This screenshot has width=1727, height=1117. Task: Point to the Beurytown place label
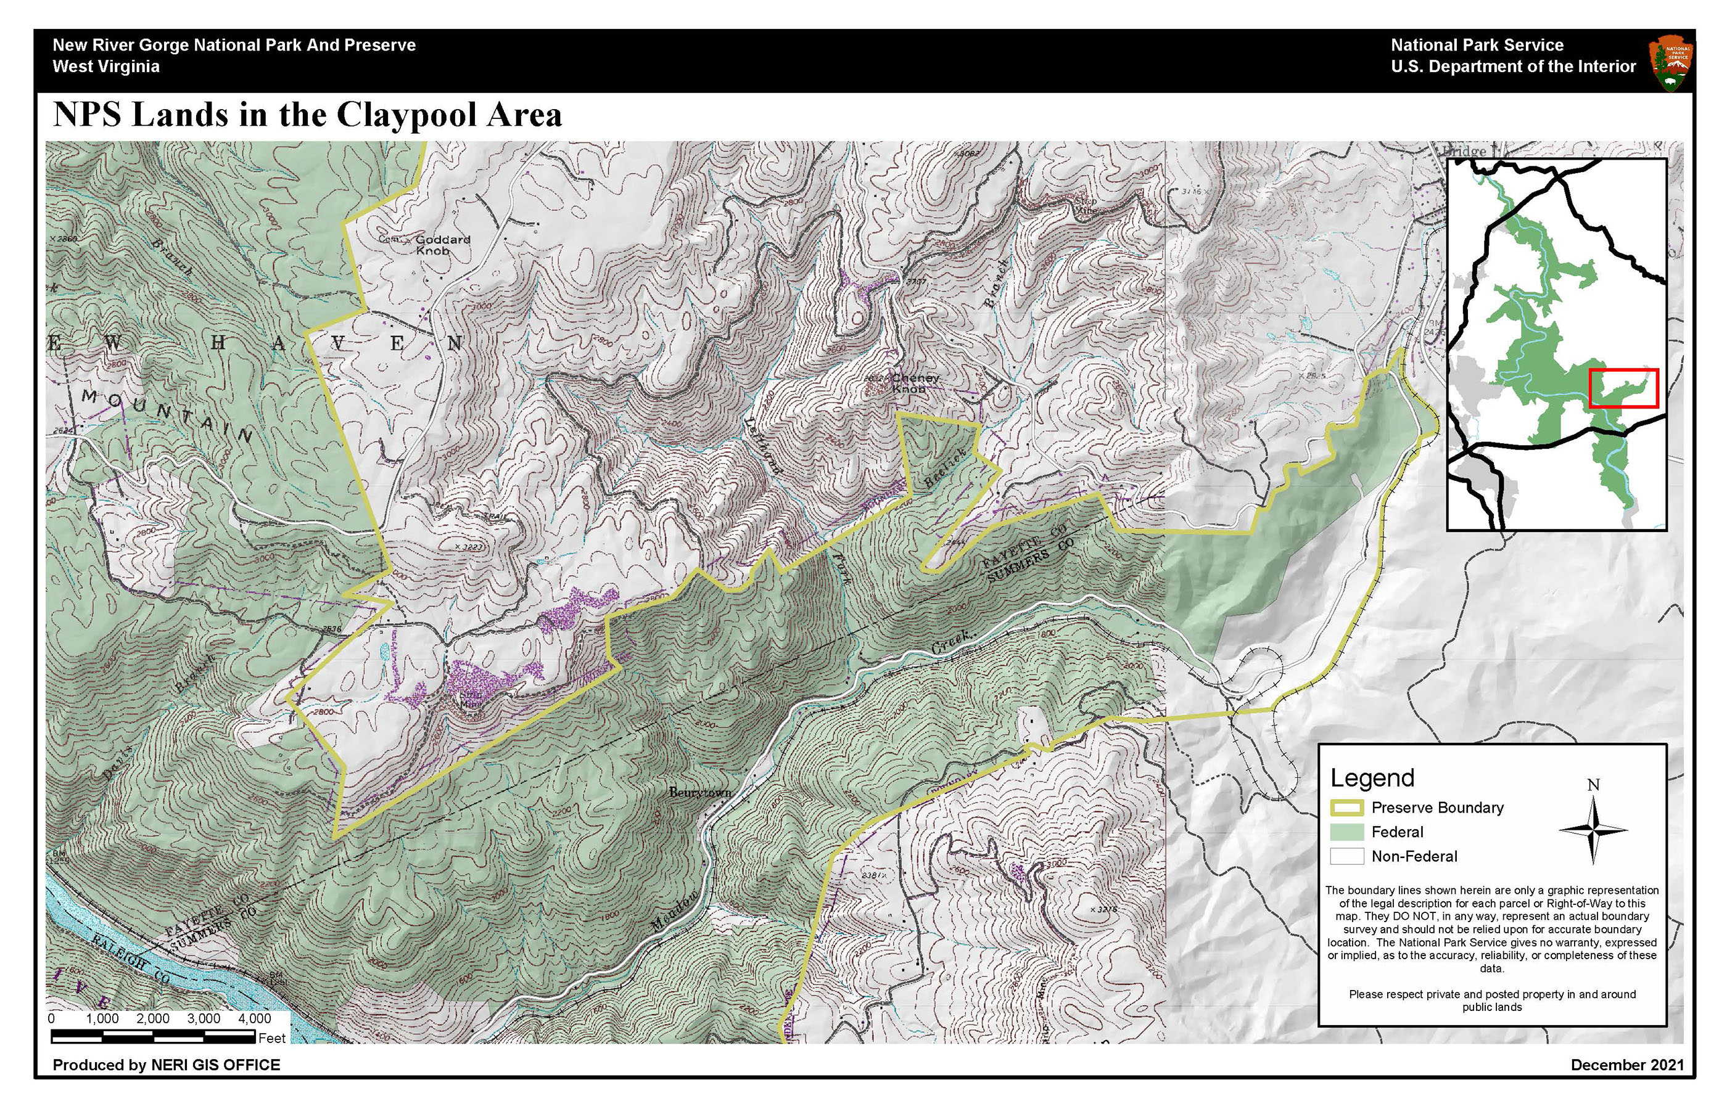click(x=699, y=793)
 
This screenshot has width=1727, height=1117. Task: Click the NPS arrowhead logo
click(x=1671, y=65)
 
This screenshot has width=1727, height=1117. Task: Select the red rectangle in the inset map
click(x=1623, y=388)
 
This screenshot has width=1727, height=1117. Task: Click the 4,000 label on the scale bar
click(x=254, y=1018)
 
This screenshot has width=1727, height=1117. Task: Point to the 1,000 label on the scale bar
click(x=102, y=1018)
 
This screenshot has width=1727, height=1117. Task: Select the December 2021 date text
click(x=1627, y=1065)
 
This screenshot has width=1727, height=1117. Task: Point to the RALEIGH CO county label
click(x=131, y=957)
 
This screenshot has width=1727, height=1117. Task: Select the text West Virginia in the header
click(x=106, y=67)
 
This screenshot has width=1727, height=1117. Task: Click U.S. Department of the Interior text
click(x=1513, y=67)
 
